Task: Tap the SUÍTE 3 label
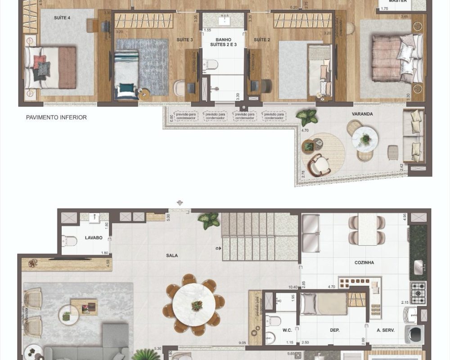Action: click(184, 40)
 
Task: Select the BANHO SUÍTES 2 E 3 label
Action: click(223, 42)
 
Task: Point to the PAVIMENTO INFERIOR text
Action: click(56, 117)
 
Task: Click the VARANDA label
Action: click(363, 114)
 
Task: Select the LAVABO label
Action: click(94, 238)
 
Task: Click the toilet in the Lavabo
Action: click(70, 242)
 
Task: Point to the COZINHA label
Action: click(364, 262)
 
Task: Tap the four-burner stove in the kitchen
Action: click(418, 292)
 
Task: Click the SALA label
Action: click(171, 256)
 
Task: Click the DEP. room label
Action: click(334, 330)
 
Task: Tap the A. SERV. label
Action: click(386, 330)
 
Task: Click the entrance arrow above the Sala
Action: click(180, 203)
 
